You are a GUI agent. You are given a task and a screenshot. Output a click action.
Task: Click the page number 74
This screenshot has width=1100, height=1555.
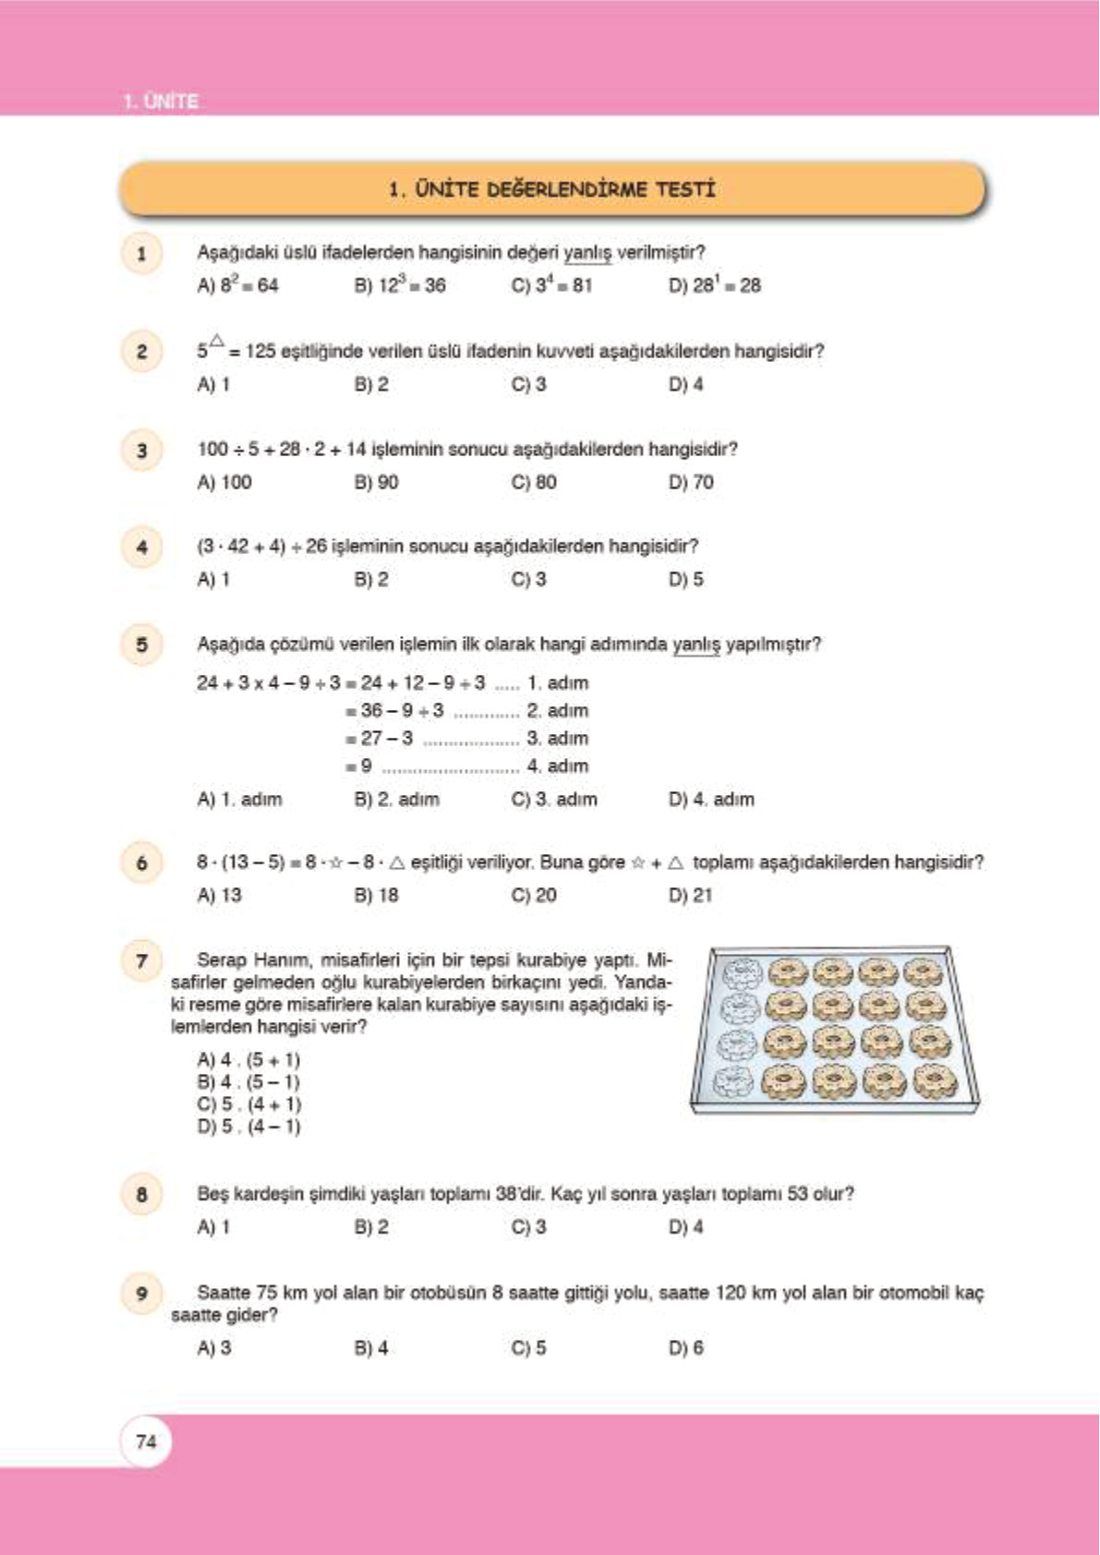pyautogui.click(x=146, y=1441)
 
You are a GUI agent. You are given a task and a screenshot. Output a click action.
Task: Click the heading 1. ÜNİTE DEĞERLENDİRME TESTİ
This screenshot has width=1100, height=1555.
pyautogui.click(x=552, y=189)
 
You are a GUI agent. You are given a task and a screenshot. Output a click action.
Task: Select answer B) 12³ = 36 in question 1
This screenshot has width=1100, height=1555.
pyautogui.click(x=400, y=285)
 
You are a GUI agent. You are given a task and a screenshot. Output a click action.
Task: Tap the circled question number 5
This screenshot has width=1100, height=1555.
pyautogui.click(x=141, y=644)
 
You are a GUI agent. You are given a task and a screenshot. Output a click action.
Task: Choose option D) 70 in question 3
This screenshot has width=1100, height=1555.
pyautogui.click(x=691, y=482)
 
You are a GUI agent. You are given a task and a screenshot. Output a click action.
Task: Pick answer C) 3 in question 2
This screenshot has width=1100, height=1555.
pyautogui.click(x=529, y=384)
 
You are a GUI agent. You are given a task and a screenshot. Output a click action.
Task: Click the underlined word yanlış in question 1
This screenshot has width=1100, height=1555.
pyautogui.click(x=587, y=252)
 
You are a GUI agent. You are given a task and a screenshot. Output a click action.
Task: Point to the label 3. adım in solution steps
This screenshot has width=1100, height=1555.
pyautogui.click(x=557, y=738)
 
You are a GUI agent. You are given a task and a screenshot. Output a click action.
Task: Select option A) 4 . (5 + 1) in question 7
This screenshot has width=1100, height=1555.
pyautogui.click(x=248, y=1059)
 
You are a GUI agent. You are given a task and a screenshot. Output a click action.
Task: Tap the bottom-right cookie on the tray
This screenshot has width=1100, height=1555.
pyautogui.click(x=933, y=1079)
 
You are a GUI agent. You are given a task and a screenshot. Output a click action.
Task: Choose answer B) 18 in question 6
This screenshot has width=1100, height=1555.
pyautogui.click(x=376, y=895)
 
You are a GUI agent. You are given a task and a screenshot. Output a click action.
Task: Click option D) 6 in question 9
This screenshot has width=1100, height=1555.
pyautogui.click(x=686, y=1347)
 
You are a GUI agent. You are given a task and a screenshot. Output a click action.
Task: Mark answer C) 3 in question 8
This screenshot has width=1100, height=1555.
pyautogui.click(x=529, y=1226)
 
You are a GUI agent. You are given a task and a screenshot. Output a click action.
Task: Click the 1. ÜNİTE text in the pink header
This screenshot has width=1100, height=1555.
pyautogui.click(x=161, y=101)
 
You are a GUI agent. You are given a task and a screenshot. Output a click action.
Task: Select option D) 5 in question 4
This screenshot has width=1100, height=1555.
pyautogui.click(x=686, y=579)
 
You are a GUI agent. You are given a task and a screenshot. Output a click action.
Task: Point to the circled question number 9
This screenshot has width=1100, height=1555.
pyautogui.click(x=141, y=1293)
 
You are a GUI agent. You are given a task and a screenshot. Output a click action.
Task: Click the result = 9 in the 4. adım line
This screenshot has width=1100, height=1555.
pyautogui.click(x=360, y=765)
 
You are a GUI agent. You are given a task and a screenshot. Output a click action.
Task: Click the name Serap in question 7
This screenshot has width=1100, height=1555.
pyautogui.click(x=222, y=959)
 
